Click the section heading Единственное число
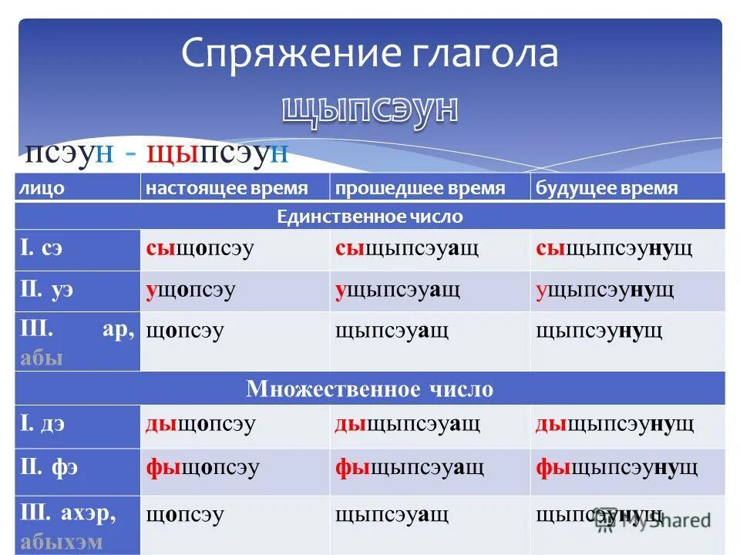(370, 217)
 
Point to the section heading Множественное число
(370, 388)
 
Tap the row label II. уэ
(47, 291)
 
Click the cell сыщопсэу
(200, 249)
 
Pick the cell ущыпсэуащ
(398, 291)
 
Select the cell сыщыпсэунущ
(614, 249)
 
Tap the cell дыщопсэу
(201, 424)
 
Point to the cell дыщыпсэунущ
(615, 424)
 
